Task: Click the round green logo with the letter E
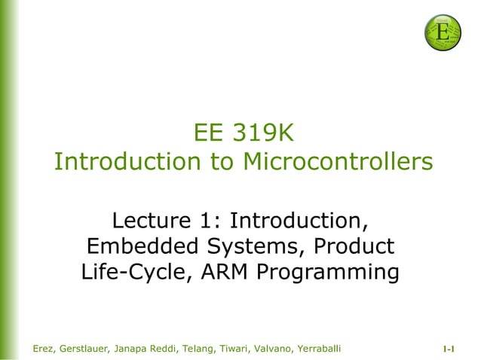coord(443,32)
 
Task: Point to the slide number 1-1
coord(450,349)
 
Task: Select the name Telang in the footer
coord(216,348)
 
